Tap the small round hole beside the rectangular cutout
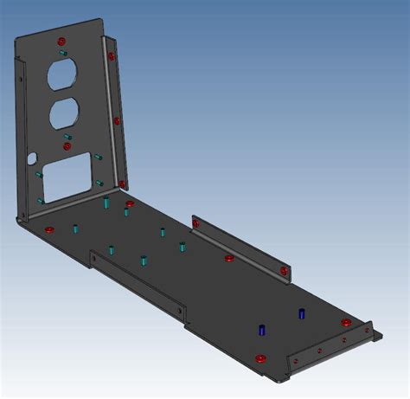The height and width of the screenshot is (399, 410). (x=33, y=159)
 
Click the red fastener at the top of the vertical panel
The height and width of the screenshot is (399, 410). (x=61, y=41)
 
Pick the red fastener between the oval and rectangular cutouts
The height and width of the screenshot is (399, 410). (x=67, y=146)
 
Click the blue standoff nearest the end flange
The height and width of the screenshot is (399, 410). (x=302, y=313)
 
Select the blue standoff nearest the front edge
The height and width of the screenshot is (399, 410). (x=261, y=330)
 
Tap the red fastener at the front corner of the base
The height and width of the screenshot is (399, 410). (x=259, y=357)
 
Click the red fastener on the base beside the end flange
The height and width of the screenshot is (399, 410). (x=346, y=323)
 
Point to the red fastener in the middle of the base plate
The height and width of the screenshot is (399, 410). (x=229, y=258)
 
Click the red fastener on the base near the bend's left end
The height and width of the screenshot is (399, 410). (x=49, y=229)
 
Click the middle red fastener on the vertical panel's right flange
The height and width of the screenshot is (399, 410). (x=115, y=120)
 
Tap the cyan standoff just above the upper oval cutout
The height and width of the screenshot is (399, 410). (x=62, y=53)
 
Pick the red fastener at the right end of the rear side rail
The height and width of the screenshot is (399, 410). (x=284, y=272)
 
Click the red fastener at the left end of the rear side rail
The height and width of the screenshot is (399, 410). (x=196, y=224)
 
